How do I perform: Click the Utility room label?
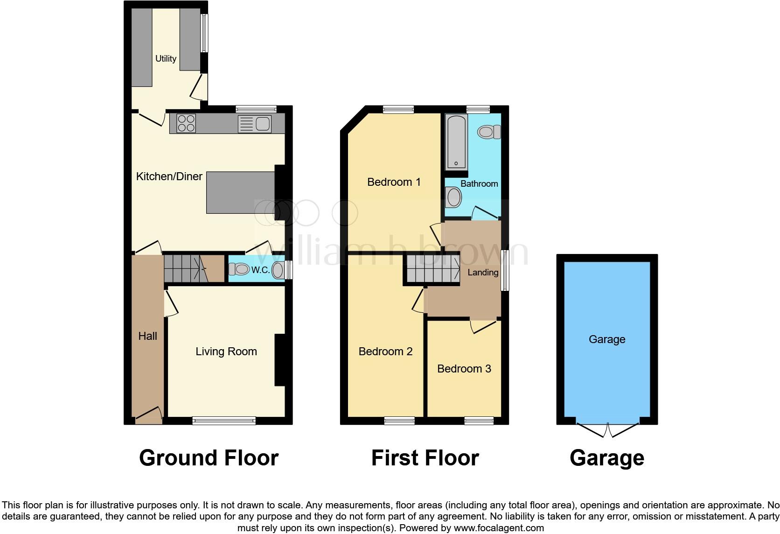(x=166, y=58)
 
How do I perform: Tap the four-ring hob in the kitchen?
(x=186, y=124)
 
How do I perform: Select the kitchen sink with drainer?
(x=255, y=124)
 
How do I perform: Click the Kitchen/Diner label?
(x=169, y=176)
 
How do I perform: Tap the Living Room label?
(x=226, y=351)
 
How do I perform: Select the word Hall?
(x=147, y=336)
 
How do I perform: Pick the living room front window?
(x=224, y=421)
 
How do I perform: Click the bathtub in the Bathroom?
(x=457, y=142)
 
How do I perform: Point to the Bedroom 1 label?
(x=394, y=182)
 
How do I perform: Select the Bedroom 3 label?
(x=464, y=369)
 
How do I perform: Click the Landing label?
(x=482, y=272)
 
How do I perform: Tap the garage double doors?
(x=607, y=429)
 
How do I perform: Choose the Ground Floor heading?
(x=209, y=458)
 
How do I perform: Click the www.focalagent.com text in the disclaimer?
(x=499, y=528)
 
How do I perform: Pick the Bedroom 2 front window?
(x=399, y=421)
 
